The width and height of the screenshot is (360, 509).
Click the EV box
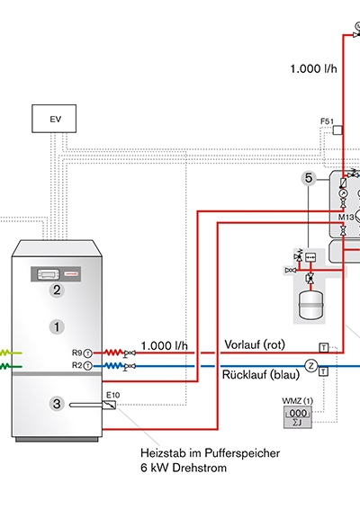54,119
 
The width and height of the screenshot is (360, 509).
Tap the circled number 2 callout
57,290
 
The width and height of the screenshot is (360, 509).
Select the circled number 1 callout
57,326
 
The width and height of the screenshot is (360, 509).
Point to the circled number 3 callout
57,404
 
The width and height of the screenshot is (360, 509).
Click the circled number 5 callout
309,178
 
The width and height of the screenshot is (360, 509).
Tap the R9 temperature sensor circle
87,353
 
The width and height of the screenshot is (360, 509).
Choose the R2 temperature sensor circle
87,366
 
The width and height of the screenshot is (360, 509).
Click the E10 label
113,395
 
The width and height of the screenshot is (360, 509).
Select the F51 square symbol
337,130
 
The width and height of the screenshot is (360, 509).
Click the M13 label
346,217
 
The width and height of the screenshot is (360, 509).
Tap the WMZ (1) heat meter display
298,417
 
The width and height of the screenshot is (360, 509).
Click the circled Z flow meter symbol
310,366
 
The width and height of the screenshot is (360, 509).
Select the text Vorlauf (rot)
255,344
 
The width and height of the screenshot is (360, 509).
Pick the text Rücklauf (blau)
261,375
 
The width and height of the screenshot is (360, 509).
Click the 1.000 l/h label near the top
313,69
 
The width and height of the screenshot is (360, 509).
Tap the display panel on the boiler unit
49,274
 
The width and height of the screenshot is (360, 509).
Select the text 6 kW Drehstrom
184,468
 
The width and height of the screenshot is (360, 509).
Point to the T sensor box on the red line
324,348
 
